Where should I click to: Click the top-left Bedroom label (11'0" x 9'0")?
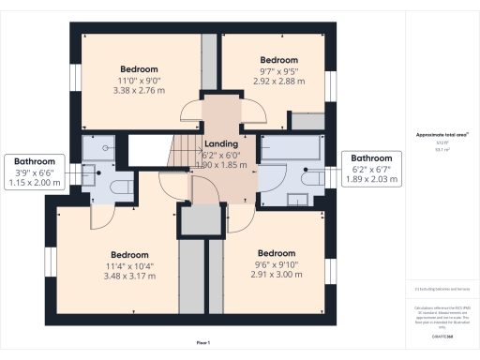coord(139,69)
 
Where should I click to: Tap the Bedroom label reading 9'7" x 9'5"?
coord(277,60)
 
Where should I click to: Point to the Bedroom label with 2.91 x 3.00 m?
coord(277,253)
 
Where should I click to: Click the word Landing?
coord(221,143)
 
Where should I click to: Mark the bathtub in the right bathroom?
coord(293,146)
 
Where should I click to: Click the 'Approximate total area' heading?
coord(437,134)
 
